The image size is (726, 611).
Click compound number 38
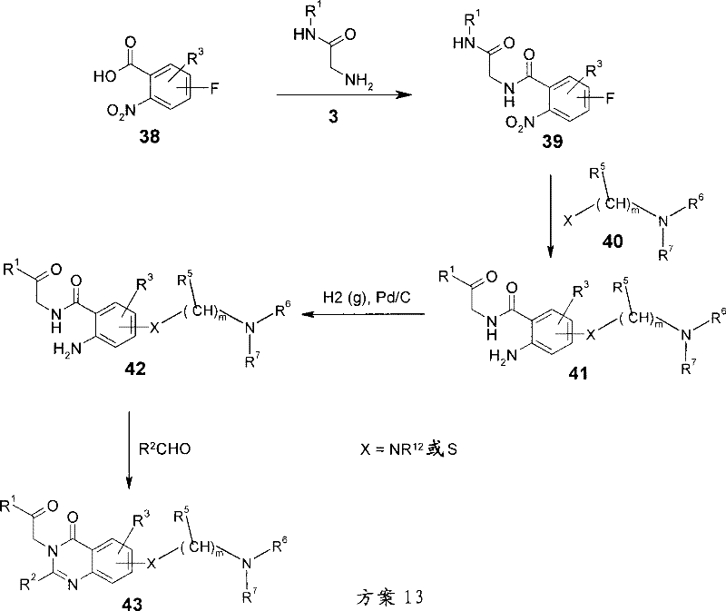pyautogui.click(x=150, y=137)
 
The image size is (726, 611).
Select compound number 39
pyautogui.click(x=553, y=142)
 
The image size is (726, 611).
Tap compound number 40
pyautogui.click(x=613, y=241)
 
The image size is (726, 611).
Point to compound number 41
pyautogui.click(x=577, y=372)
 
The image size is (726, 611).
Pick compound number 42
pyautogui.click(x=135, y=369)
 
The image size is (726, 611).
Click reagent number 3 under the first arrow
pyautogui.click(x=333, y=117)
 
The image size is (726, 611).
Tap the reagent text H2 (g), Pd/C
pyautogui.click(x=367, y=298)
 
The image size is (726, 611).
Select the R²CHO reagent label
pyautogui.click(x=164, y=448)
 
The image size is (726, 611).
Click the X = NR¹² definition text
pyautogui.click(x=408, y=448)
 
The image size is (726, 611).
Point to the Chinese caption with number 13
pyautogui.click(x=389, y=597)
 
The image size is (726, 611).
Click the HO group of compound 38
pyautogui.click(x=105, y=76)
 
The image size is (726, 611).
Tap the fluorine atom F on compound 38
pyautogui.click(x=214, y=88)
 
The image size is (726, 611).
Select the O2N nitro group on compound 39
pyautogui.click(x=520, y=123)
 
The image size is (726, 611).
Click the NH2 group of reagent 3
pyautogui.click(x=359, y=81)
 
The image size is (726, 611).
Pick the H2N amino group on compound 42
pyautogui.click(x=67, y=349)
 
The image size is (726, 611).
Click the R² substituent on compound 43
pyautogui.click(x=28, y=582)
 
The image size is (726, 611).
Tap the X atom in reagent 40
pyautogui.click(x=568, y=221)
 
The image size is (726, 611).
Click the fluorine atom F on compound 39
pyautogui.click(x=610, y=98)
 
